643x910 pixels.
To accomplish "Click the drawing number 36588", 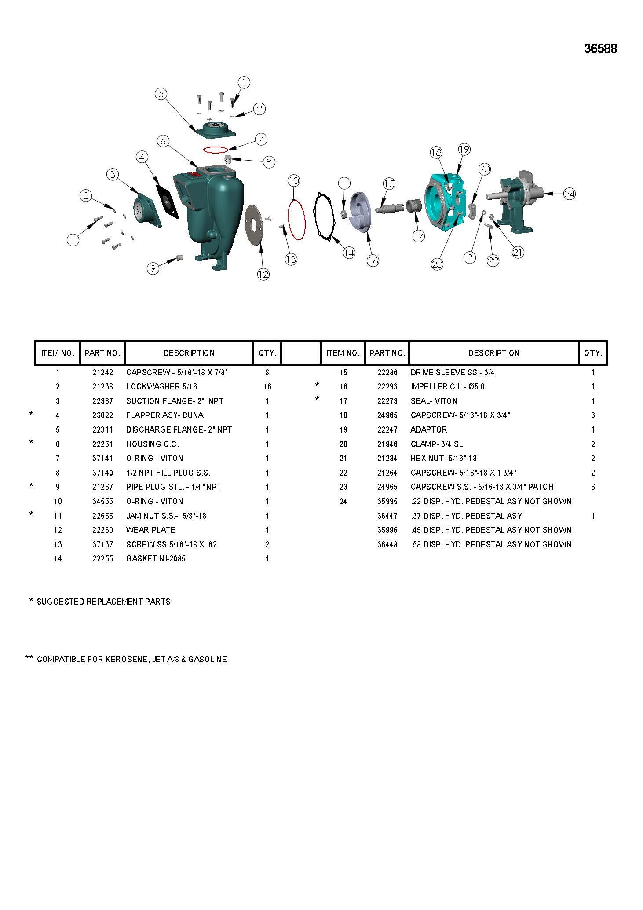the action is (x=600, y=49).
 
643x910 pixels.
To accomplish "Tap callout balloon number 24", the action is (x=570, y=194).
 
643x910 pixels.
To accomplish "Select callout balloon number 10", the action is (x=294, y=180).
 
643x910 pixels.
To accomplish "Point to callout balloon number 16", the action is (x=373, y=261).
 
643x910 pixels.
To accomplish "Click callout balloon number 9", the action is (x=153, y=268).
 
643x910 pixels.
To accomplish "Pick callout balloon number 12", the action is (x=263, y=274).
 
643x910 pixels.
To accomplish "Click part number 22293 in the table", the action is (x=387, y=387).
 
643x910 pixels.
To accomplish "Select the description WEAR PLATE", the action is (x=150, y=530).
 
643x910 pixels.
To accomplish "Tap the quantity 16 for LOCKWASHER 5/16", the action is (x=267, y=387).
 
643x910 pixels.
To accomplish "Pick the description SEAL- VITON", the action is (x=434, y=401).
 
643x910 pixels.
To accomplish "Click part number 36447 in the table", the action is (x=387, y=516).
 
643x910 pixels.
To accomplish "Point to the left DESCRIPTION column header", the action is (x=189, y=353).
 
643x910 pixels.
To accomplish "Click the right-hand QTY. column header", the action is (x=593, y=353).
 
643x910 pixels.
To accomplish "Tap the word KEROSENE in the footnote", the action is (x=126, y=660).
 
